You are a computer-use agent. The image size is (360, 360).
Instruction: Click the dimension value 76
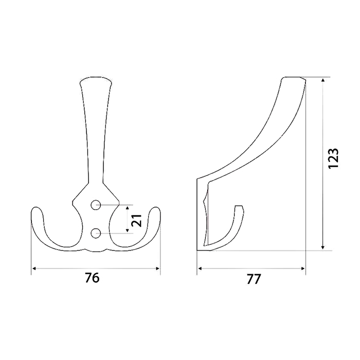coord(92,278)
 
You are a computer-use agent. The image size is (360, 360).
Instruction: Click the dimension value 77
coord(254,279)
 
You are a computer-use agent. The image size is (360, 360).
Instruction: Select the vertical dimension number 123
coord(333,158)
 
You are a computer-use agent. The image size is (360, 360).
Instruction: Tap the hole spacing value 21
coord(136,221)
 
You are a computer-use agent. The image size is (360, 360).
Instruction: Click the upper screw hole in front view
coord(96,205)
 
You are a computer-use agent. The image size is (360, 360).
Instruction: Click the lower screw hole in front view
coord(96,233)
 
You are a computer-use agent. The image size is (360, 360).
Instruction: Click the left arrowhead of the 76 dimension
coord(34,268)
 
